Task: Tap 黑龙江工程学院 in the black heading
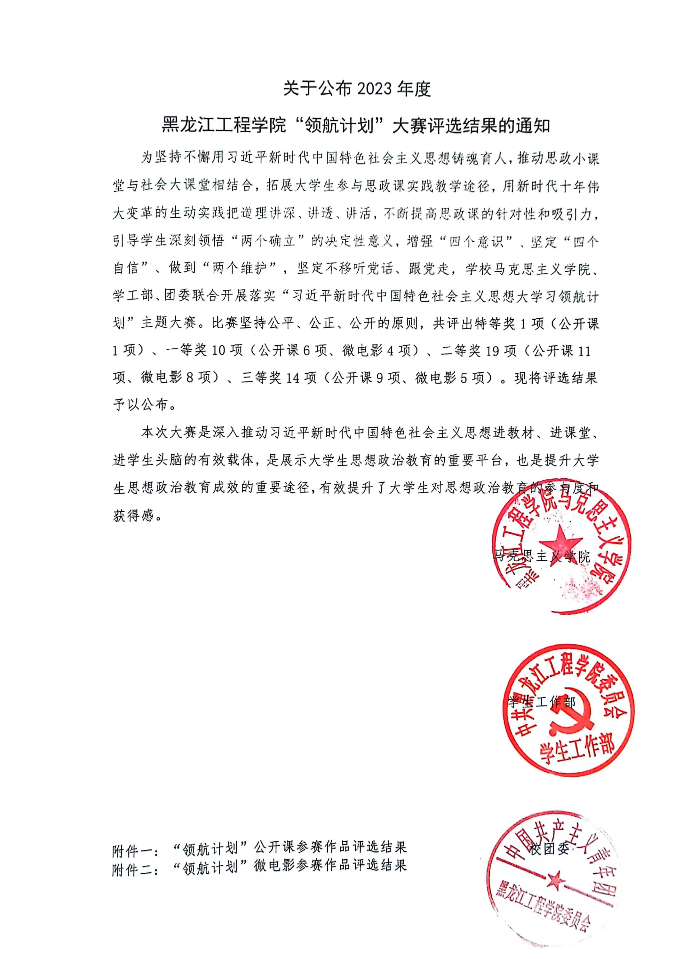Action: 225,126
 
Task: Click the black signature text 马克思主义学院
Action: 542,557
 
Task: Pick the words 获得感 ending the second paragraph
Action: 133,515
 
